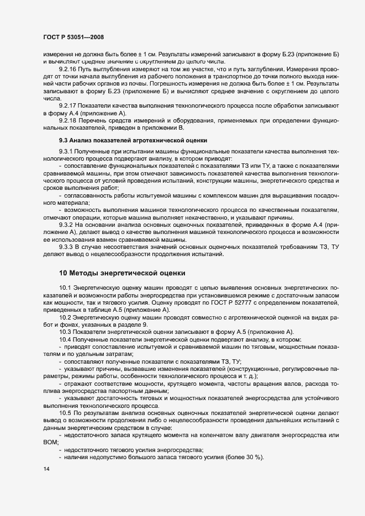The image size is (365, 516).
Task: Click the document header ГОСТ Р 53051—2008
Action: pyautogui.click(x=73, y=36)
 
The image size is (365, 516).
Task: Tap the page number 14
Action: pyautogui.click(x=46, y=469)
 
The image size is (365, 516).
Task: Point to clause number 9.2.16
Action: pyautogui.click(x=68, y=69)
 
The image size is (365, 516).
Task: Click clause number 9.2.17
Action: pyautogui.click(x=68, y=105)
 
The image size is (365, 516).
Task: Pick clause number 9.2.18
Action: pyautogui.click(x=68, y=120)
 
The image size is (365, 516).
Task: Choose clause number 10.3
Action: pyautogui.click(x=65, y=331)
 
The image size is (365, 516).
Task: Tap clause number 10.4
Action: pyautogui.click(x=65, y=338)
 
